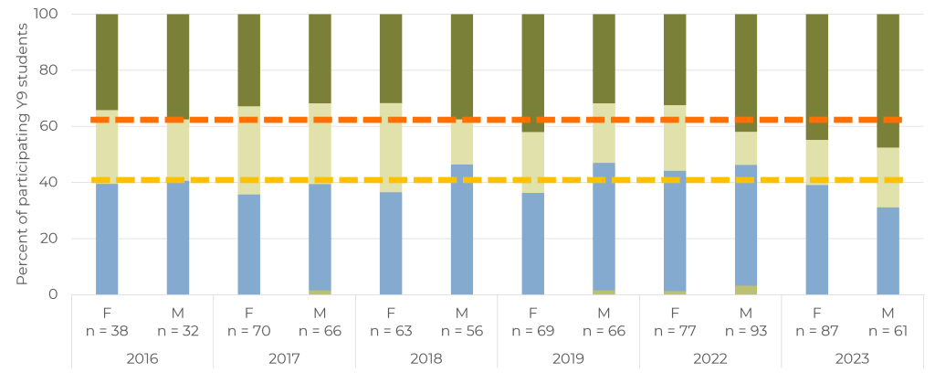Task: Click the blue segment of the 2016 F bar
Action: tap(107, 239)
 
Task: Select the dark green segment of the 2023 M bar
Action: tap(888, 80)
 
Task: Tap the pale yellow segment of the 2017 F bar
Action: tap(248, 151)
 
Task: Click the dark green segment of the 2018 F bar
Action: tap(391, 59)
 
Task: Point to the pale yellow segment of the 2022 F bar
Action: tap(675, 138)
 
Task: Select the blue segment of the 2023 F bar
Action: tap(817, 240)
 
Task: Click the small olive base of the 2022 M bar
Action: tap(746, 290)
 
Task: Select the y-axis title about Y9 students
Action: tap(22, 154)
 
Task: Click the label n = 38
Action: tap(107, 330)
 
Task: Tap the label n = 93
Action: tap(746, 330)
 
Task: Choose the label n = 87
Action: tap(817, 330)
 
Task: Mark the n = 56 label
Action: tap(461, 330)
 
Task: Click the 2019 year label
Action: tap(568, 359)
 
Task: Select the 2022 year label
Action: tap(710, 359)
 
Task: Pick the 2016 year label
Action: tap(142, 359)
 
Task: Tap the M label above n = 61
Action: tap(888, 313)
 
